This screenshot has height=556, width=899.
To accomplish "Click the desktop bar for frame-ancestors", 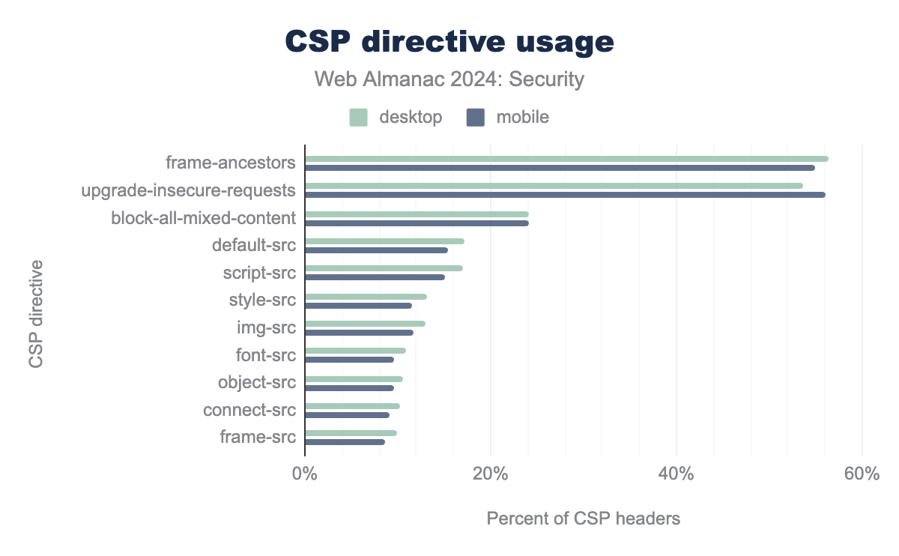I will click(566, 159).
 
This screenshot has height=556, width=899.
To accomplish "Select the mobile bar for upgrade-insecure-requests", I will click(565, 195).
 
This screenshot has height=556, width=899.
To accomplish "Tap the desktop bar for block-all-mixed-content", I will click(417, 214).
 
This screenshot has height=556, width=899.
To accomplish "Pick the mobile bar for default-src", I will click(376, 250).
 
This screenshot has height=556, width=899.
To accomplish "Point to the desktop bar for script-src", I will click(384, 268).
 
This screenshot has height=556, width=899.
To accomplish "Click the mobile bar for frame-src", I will click(345, 442).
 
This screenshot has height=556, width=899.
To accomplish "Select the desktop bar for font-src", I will click(355, 351).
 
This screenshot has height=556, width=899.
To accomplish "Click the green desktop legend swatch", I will click(358, 118).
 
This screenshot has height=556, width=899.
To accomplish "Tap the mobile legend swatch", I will click(475, 118).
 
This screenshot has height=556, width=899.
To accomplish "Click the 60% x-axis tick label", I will click(862, 475).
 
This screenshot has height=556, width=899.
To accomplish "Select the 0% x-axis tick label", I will click(305, 475).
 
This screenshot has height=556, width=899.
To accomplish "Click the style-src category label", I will click(262, 300).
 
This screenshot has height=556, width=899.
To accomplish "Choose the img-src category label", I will click(266, 327).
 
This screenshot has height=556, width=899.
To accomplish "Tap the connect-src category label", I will click(249, 410).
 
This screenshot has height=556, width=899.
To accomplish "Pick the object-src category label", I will click(257, 382).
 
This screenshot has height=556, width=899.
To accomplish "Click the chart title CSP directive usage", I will click(449, 42).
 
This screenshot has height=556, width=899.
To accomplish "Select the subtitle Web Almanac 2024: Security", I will click(449, 79).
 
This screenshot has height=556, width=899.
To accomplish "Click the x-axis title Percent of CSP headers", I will click(584, 519).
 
